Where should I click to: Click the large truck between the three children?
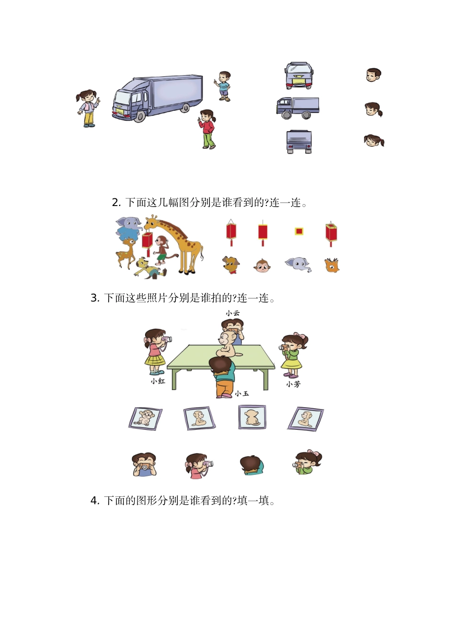coord(157,97)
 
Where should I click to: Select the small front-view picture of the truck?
coord(299,75)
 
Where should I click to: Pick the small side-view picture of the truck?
coord(297,108)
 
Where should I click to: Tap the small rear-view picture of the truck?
coord(299,142)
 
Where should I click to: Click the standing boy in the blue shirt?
coord(224,86)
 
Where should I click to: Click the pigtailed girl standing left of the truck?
coord(88,108)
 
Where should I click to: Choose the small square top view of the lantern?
coord(299,231)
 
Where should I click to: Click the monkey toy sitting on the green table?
coord(230,343)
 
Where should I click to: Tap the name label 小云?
coord(233,313)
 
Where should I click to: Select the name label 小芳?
coord(293,384)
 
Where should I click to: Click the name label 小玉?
coord(242,393)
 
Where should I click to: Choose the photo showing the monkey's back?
coord(252,417)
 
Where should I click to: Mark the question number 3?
coord(94,298)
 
